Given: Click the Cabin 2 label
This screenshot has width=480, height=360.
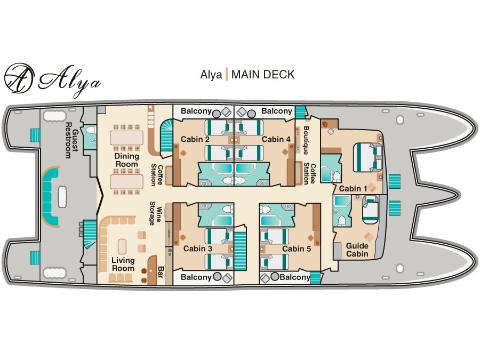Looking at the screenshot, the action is tap(195, 139).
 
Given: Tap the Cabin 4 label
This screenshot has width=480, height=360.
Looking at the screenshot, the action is tap(276, 139).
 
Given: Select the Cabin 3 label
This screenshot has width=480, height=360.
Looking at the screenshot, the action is tap(198, 249).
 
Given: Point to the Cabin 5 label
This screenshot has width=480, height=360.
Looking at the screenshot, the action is tap(297, 249).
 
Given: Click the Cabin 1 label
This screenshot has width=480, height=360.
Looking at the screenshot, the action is tap(353, 189).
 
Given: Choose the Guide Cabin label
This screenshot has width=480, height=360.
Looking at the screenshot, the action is tap(357, 250).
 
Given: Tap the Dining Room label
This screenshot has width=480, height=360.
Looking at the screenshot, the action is tap(127, 160).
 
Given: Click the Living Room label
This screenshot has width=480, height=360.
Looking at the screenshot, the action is tap(123, 264).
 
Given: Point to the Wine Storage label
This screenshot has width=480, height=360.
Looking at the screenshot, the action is tap(156, 213).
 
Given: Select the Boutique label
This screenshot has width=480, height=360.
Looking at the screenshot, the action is tap(306, 140).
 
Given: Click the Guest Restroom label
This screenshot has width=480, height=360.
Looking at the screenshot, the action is tap(71, 140).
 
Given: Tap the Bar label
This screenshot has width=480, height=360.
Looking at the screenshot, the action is tap(161, 272).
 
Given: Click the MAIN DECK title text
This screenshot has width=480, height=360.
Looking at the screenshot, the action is tap(263, 75).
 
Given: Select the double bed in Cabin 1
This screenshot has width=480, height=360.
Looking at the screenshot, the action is tap(367, 158).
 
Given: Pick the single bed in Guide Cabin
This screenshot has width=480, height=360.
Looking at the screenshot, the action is tap(371, 210).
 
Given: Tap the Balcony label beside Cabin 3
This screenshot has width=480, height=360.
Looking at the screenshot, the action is tap(196, 277).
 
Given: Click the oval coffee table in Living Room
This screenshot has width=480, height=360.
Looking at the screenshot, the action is tap(122, 247).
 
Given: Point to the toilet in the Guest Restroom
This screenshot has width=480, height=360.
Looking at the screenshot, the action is tap(91, 131).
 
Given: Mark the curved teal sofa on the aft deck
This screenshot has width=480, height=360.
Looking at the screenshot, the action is tap(49, 196).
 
